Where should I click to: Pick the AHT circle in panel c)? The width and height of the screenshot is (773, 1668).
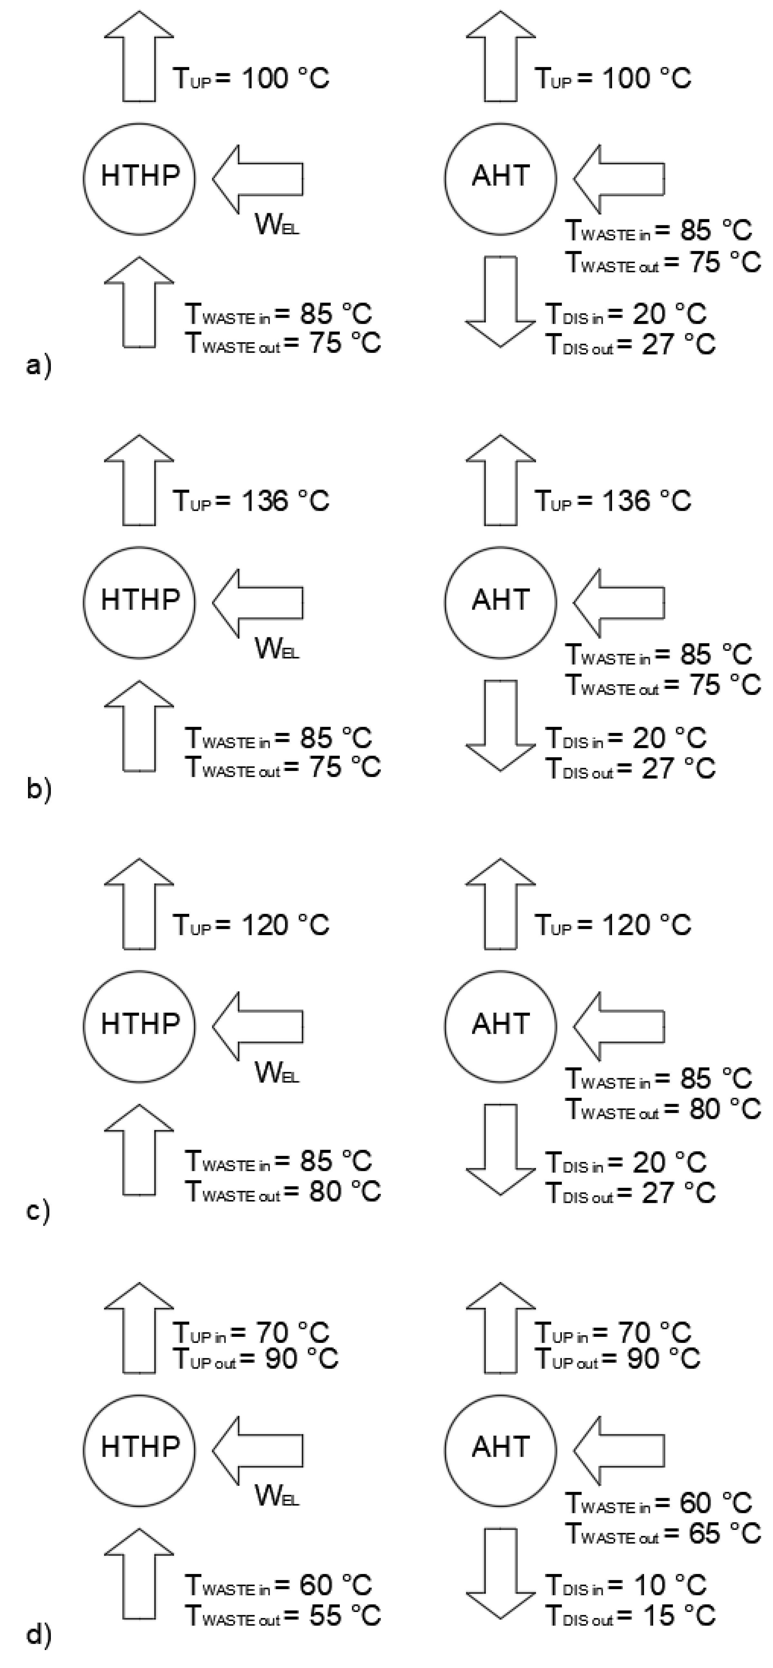[x=500, y=1024]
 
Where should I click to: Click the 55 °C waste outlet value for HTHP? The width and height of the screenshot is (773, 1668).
[x=343, y=1616]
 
